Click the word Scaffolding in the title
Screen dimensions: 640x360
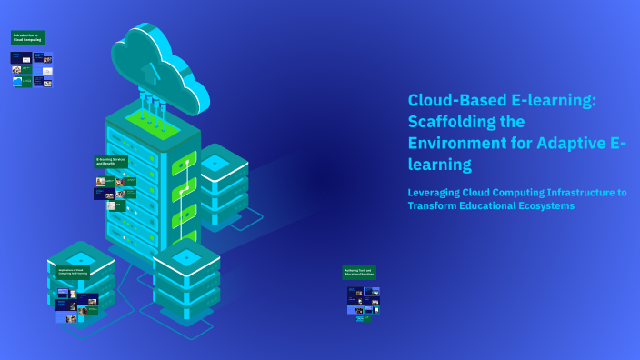(x=454, y=121)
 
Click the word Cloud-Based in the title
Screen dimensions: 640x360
(x=454, y=100)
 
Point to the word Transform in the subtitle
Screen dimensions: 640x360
(x=434, y=205)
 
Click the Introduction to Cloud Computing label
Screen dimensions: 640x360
(x=27, y=38)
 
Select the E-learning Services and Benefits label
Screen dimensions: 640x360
(x=111, y=161)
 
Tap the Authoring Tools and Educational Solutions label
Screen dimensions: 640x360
(x=359, y=272)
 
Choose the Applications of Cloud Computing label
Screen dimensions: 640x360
(x=73, y=272)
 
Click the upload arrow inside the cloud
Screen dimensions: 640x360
(x=154, y=70)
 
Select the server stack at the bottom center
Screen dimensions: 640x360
(x=185, y=277)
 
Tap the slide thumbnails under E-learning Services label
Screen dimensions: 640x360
(x=115, y=193)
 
